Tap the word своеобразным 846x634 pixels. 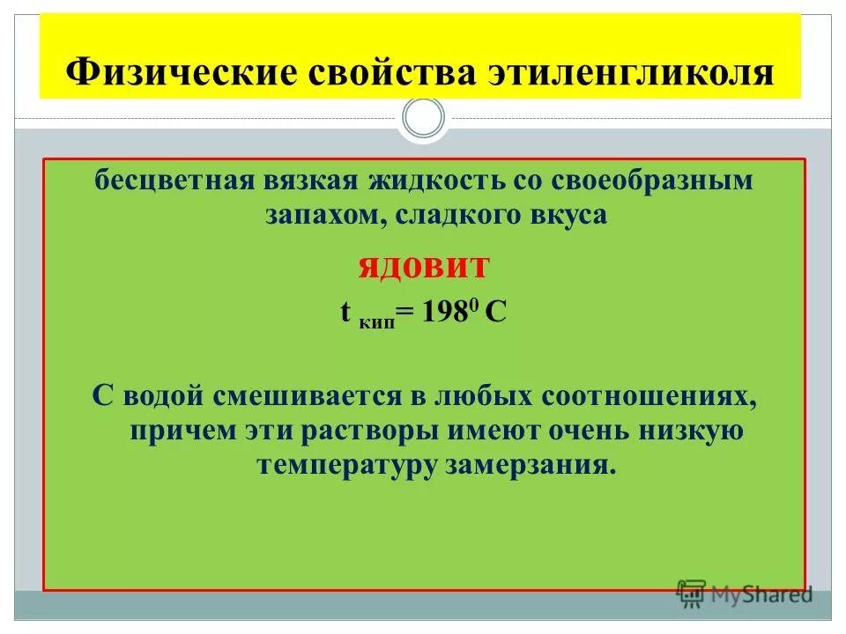tap(653, 182)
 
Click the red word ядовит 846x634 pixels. tap(423, 267)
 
